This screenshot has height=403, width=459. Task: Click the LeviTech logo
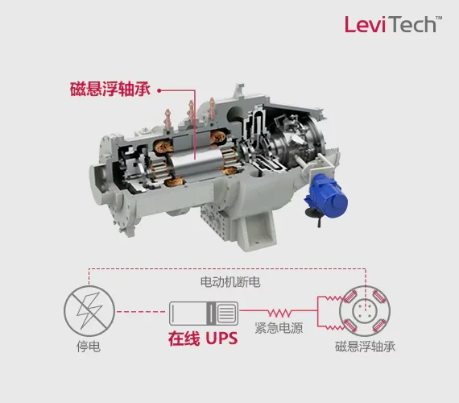(x=393, y=24)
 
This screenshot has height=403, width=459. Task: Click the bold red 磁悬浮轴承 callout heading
(x=110, y=89)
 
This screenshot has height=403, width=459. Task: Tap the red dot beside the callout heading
(x=159, y=90)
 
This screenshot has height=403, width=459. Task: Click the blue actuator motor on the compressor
(x=328, y=196)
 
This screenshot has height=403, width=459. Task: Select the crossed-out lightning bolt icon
(x=89, y=311)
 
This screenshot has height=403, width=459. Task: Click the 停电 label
(x=89, y=347)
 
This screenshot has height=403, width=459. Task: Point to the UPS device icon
(x=204, y=313)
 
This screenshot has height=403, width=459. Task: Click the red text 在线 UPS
(x=203, y=339)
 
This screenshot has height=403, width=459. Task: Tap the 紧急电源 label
(x=279, y=328)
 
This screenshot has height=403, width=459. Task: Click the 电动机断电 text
(x=230, y=282)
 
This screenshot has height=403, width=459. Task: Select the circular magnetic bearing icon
(x=365, y=311)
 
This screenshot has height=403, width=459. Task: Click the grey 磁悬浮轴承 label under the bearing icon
(x=365, y=347)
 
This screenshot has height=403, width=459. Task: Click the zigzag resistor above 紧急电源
(x=280, y=313)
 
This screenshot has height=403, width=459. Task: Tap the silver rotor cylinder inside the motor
(x=195, y=167)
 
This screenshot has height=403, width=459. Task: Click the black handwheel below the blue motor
(x=314, y=213)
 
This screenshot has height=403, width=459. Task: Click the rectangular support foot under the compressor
(x=257, y=231)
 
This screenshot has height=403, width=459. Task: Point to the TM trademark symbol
(x=439, y=19)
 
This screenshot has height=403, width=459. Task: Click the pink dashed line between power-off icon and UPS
(x=141, y=312)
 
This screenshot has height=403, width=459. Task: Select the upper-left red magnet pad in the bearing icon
(x=349, y=297)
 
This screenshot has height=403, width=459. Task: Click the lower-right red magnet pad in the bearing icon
(x=379, y=326)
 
